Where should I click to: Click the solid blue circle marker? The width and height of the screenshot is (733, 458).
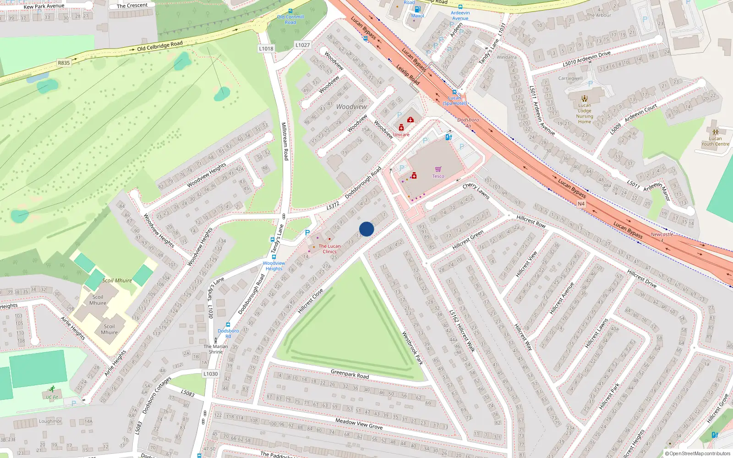pyautogui.click(x=366, y=229)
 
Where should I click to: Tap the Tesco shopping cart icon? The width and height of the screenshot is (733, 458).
pyautogui.click(x=438, y=169)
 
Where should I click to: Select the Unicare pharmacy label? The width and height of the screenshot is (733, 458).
pyautogui.click(x=401, y=135)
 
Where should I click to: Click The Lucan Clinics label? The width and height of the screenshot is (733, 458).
pyautogui.click(x=329, y=249)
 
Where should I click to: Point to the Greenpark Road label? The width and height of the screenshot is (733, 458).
pyautogui.click(x=350, y=374)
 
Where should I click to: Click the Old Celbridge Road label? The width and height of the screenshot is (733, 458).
pyautogui.click(x=160, y=46)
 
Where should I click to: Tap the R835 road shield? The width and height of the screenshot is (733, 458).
pyautogui.click(x=64, y=63)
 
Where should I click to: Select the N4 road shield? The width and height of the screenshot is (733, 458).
pyautogui.click(x=581, y=204)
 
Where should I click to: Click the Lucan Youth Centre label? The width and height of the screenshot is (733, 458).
pyautogui.click(x=715, y=141)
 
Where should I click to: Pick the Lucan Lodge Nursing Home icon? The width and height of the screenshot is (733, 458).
pyautogui.click(x=585, y=98)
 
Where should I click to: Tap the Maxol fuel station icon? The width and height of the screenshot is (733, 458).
pyautogui.click(x=417, y=9)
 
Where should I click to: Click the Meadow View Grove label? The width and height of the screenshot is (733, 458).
pyautogui.click(x=359, y=424)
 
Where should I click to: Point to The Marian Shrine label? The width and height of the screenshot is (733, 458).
pyautogui.click(x=216, y=349)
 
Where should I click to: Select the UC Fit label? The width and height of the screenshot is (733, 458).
pyautogui.click(x=52, y=397)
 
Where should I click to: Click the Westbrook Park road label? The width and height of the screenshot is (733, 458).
pyautogui.click(x=412, y=348)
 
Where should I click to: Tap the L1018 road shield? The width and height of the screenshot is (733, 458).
pyautogui.click(x=266, y=49)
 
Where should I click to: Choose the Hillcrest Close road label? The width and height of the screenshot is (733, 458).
pyautogui.click(x=310, y=301)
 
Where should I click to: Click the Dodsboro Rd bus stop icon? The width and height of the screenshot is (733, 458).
pyautogui.click(x=228, y=325)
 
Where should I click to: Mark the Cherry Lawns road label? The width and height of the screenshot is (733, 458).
pyautogui.click(x=476, y=191)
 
